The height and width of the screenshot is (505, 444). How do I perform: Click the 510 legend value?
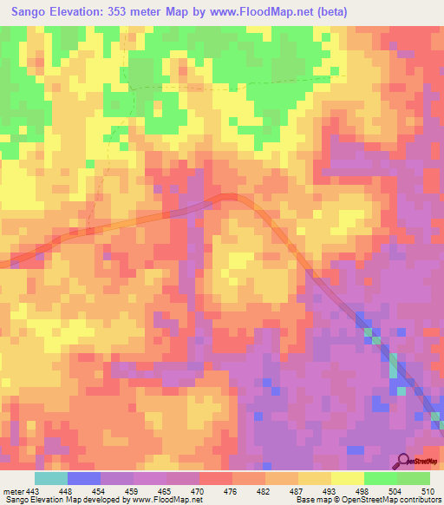427,491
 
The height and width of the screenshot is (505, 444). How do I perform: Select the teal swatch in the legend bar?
51,478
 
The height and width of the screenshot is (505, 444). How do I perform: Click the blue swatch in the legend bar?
84,478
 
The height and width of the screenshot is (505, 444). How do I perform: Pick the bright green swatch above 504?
381,478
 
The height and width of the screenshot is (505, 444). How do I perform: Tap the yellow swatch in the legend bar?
348,478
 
